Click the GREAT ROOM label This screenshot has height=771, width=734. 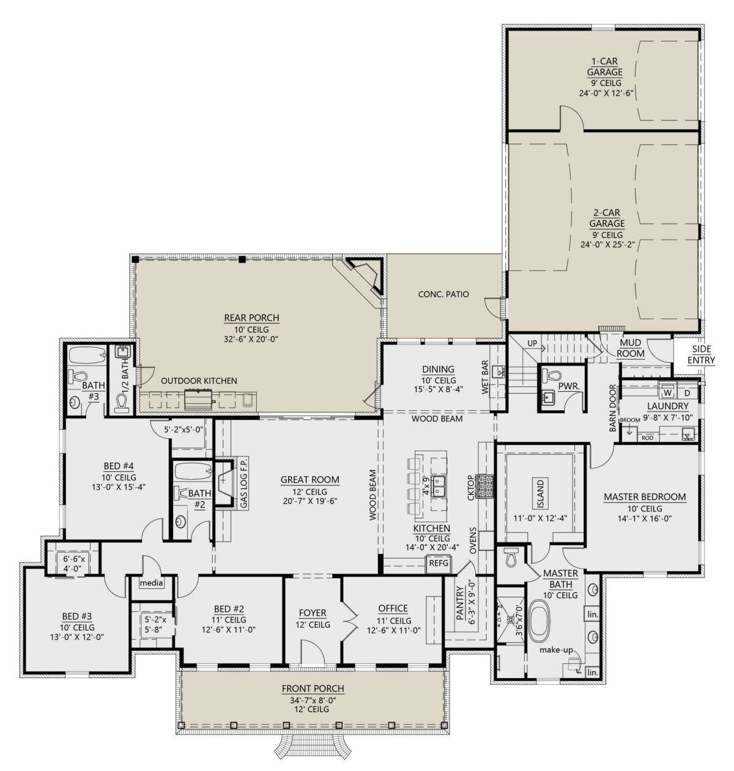tap(310, 479)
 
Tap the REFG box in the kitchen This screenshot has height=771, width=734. tap(439, 563)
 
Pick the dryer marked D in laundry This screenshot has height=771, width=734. tap(687, 393)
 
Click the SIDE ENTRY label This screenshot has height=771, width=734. tap(701, 355)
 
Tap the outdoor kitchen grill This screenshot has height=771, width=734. tap(199, 400)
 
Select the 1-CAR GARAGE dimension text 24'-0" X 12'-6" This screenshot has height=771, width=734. tap(607, 94)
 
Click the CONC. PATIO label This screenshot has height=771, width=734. tap(443, 294)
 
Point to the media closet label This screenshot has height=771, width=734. tap(152, 583)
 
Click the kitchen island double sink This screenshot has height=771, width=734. tap(439, 485)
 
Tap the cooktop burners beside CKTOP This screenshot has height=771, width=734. tap(485, 486)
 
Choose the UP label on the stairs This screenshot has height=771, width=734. tap(532, 343)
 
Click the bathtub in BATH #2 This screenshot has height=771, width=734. tap(193, 471)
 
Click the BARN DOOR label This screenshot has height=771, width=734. tap(613, 408)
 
